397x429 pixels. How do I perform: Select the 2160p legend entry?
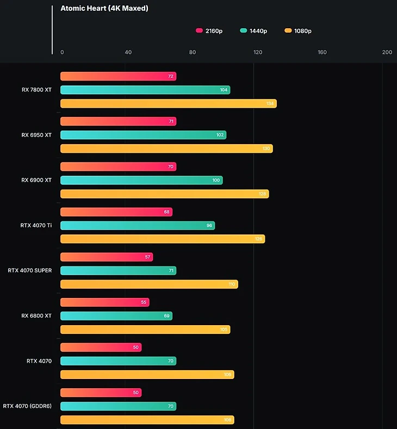(209, 31)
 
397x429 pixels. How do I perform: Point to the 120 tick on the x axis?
(258, 52)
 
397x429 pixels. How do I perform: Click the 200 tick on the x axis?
(387, 52)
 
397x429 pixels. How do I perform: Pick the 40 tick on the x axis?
(128, 52)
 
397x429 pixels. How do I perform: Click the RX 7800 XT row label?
(36, 90)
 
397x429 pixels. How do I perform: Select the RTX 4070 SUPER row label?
(30, 270)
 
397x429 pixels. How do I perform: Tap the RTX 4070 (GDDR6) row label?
(27, 406)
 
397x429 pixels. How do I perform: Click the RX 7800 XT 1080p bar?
(168, 103)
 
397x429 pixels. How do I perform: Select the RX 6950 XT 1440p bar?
(143, 135)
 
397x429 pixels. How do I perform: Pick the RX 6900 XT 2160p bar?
(118, 166)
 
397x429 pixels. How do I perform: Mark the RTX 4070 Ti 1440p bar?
(137, 225)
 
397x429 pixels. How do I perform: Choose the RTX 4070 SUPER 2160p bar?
(106, 257)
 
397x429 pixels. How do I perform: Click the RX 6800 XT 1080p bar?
(145, 329)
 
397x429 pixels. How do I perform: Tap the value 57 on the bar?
(147, 257)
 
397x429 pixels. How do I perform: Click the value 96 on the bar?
(209, 225)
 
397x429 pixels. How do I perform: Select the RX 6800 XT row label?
(36, 315)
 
